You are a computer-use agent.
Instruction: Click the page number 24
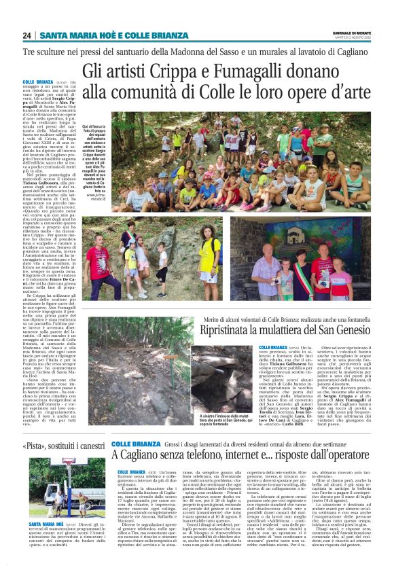click(26, 35)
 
